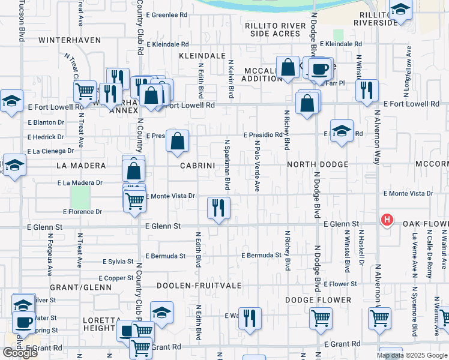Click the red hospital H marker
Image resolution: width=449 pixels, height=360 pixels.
pyautogui.click(x=387, y=220)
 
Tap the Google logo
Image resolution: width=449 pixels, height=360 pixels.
pyautogui.click(x=20, y=352)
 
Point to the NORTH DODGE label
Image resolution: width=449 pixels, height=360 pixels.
pyautogui.click(x=318, y=164)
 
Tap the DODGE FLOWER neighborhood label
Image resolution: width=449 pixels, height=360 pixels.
pyautogui.click(x=318, y=300)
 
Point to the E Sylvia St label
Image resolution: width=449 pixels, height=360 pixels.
pyautogui.click(x=118, y=262)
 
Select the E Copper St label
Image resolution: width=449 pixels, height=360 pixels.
pyautogui.click(x=116, y=278)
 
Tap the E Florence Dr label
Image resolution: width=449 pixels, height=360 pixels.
pyautogui.click(x=83, y=212)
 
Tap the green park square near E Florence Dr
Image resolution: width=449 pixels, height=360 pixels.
pyautogui.click(x=80, y=197)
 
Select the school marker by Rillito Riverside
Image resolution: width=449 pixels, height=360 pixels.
pyautogui.click(x=400, y=11)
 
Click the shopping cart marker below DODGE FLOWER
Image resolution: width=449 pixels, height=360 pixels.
pyautogui.click(x=321, y=317)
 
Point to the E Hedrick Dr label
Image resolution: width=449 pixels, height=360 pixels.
pyautogui.click(x=46, y=137)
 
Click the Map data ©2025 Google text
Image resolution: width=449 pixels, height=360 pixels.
pyautogui.click(x=412, y=355)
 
